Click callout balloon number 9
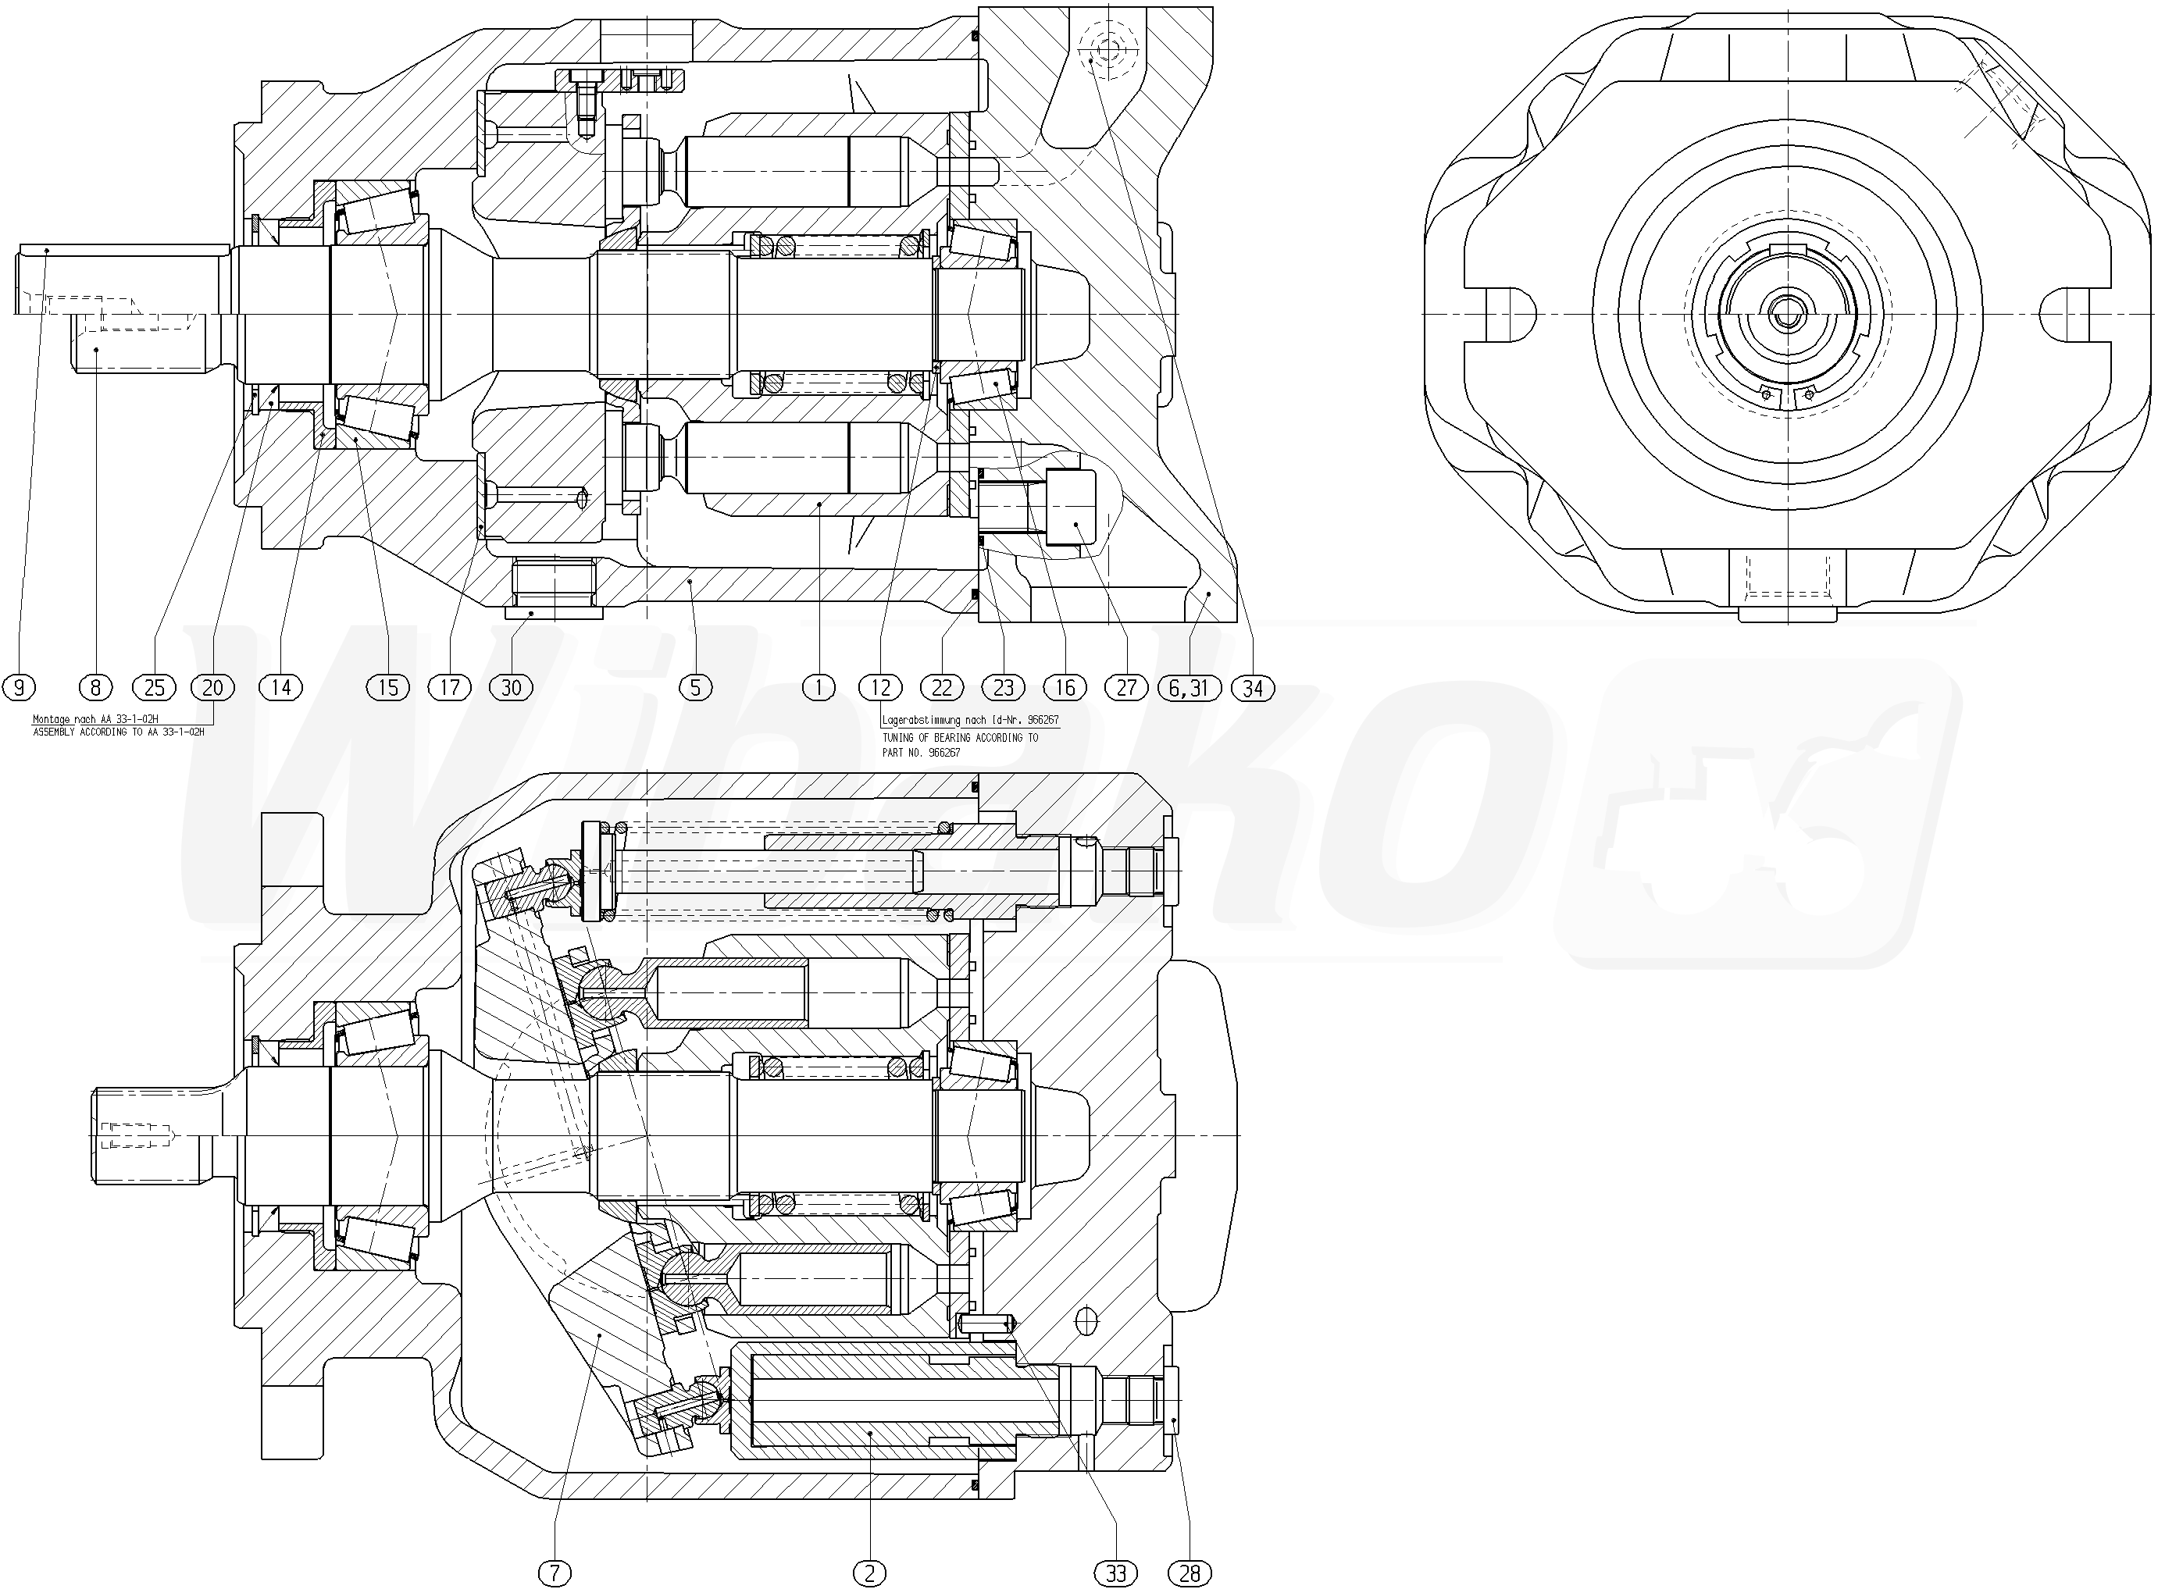click(20, 688)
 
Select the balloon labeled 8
click(95, 688)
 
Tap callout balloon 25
click(155, 688)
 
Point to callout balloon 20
click(212, 688)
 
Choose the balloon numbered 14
click(281, 688)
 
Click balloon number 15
click(387, 688)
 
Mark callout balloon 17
click(450, 688)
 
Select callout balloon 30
click(511, 688)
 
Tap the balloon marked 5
click(696, 688)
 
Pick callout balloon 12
click(880, 688)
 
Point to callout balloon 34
click(1253, 688)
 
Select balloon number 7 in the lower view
click(555, 1573)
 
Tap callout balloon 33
click(1116, 1573)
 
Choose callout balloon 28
click(1190, 1573)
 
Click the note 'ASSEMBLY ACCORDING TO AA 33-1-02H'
click(119, 732)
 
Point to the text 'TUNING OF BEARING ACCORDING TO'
click(960, 738)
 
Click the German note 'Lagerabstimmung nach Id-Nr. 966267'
click(970, 719)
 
